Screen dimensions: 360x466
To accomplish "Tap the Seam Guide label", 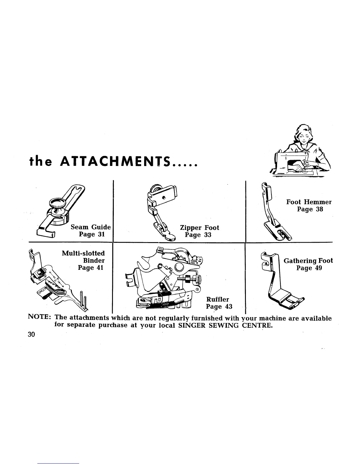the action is pyautogui.click(x=91, y=227).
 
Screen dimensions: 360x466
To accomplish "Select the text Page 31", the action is pyautogui.click(x=92, y=234).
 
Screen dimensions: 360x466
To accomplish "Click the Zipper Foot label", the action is pyautogui.click(x=199, y=228).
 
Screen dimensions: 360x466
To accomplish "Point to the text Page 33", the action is pyautogui.click(x=198, y=235).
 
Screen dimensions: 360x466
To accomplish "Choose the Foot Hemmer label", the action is pyautogui.click(x=309, y=202).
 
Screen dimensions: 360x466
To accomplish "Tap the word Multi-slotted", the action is pyautogui.click(x=83, y=253).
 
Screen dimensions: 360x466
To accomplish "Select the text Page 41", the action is pyautogui.click(x=90, y=268).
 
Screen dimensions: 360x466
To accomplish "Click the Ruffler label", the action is pyautogui.click(x=217, y=299).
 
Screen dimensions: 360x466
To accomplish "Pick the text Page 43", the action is pyautogui.click(x=219, y=307).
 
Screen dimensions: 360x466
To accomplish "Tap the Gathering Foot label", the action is pyautogui.click(x=308, y=261).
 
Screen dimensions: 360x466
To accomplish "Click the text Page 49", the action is pyautogui.click(x=309, y=268).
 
